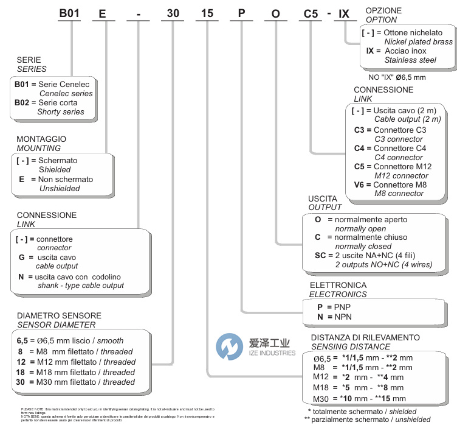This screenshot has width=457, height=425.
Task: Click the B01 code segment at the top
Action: [70, 13]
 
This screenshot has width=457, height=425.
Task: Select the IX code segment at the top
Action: [343, 13]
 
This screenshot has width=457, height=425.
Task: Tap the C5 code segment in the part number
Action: [310, 13]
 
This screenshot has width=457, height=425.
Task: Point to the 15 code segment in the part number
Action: [207, 13]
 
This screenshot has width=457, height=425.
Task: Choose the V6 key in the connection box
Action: [360, 184]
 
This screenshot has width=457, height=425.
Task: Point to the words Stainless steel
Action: [410, 60]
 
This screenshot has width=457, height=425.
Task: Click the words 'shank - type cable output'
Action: [81, 286]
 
